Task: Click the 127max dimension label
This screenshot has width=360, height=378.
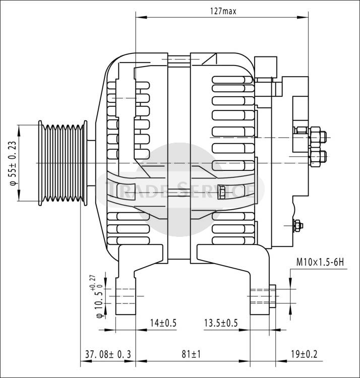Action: pos(223,11)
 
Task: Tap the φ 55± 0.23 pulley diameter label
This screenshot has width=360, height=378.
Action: pos(14,163)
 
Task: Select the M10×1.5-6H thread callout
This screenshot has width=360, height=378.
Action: pos(320,262)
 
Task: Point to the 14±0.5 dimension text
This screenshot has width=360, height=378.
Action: pos(163,323)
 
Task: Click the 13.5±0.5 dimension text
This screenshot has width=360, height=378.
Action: pos(221,323)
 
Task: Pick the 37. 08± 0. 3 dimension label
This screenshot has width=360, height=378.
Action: pos(108,354)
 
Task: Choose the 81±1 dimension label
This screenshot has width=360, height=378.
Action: pos(191,354)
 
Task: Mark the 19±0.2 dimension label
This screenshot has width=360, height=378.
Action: pos(304,354)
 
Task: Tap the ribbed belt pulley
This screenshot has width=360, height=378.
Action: pos(63,163)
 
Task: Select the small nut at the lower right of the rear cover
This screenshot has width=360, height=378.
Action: pos(298,226)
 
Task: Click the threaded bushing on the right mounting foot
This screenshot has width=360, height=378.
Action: pos(272,296)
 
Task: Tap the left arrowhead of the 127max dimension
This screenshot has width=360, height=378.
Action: pos(141,17)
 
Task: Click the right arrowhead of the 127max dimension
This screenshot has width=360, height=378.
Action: pos(303,17)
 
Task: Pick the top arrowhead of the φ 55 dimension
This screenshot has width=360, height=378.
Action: pos(19,131)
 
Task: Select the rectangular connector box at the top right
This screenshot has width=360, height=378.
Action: pos(266,67)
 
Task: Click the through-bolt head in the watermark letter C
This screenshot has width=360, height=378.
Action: pos(221,192)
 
